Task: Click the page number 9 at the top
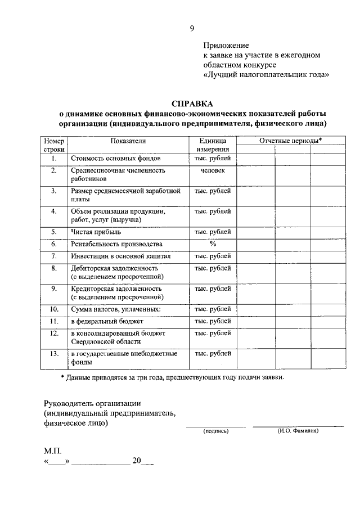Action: (192, 28)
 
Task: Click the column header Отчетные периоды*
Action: (290, 140)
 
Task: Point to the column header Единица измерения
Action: (213, 145)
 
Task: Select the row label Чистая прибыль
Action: (96, 231)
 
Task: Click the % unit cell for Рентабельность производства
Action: (213, 244)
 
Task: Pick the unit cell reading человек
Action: (213, 170)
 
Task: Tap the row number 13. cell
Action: (54, 353)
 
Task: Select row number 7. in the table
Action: (54, 256)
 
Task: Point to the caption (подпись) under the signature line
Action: (215, 431)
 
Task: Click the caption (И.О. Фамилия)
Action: (298, 431)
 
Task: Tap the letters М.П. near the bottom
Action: (53, 451)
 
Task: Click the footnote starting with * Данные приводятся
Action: (173, 377)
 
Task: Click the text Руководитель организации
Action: (92, 403)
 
